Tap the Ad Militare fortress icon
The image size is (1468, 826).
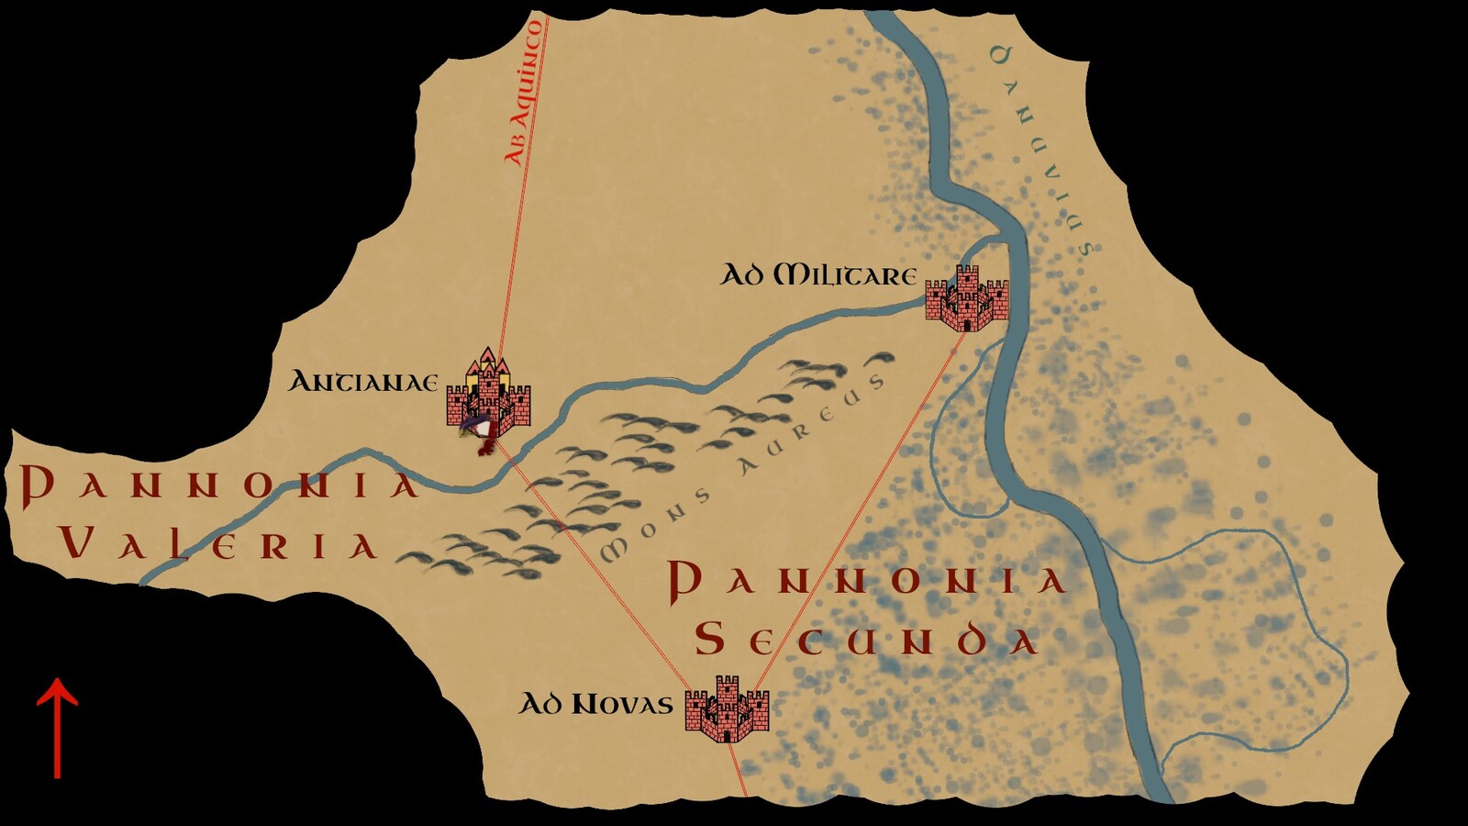coord(967,299)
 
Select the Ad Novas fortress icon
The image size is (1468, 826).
coord(727,709)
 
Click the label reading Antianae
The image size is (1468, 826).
coord(363,382)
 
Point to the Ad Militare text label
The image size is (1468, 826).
coord(818,274)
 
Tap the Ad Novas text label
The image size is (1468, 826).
coord(596,704)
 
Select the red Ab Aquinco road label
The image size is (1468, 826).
coord(525,92)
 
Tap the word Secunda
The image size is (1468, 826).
coord(866,639)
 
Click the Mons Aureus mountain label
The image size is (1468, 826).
coord(743,468)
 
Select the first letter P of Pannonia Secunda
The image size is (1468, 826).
coord(684,582)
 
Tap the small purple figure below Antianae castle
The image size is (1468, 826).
coord(476,427)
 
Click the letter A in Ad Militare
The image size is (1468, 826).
coord(733,274)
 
